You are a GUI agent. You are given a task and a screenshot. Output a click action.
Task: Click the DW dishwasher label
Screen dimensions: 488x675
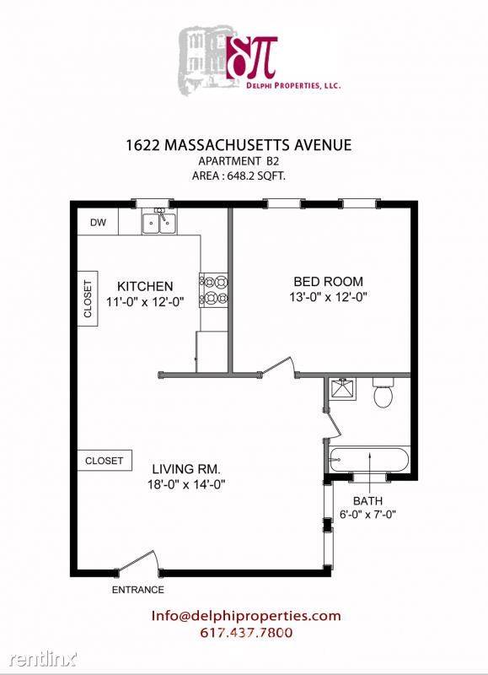(x=98, y=223)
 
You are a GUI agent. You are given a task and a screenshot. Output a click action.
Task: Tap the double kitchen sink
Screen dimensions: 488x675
(x=159, y=222)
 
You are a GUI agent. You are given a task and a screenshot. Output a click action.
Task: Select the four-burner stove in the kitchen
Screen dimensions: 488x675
(x=213, y=290)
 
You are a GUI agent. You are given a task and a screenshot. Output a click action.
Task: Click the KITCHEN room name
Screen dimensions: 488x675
(x=145, y=286)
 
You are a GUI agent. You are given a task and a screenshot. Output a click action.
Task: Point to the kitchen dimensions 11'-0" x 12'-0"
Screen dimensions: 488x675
(x=145, y=302)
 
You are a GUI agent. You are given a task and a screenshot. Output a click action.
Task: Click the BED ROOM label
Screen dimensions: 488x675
(x=328, y=282)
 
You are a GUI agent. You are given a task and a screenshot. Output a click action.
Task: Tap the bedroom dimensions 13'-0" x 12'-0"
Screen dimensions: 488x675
(x=328, y=297)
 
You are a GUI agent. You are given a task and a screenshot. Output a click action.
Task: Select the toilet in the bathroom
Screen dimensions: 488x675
(x=383, y=392)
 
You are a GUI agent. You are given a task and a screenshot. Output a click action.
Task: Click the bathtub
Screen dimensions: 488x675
(x=369, y=460)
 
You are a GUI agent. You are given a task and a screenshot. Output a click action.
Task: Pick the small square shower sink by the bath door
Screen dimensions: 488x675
(x=343, y=389)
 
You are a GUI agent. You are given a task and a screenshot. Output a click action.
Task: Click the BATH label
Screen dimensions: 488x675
(x=367, y=500)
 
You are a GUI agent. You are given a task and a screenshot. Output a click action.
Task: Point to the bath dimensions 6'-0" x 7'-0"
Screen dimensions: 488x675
(x=367, y=514)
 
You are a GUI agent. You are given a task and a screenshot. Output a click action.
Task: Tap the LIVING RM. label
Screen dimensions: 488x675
(x=186, y=469)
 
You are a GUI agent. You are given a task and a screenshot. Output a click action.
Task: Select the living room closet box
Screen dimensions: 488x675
(x=105, y=461)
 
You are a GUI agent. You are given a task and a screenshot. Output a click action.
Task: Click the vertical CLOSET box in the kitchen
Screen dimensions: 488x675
(x=88, y=299)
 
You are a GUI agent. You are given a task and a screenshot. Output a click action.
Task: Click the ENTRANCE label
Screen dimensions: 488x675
(x=138, y=590)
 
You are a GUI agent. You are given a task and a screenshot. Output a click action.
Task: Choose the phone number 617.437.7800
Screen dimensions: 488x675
(x=246, y=633)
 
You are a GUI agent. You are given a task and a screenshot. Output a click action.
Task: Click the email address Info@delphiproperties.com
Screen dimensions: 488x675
(x=246, y=616)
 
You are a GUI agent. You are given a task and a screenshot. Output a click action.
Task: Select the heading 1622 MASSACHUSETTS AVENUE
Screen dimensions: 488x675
(x=239, y=145)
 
